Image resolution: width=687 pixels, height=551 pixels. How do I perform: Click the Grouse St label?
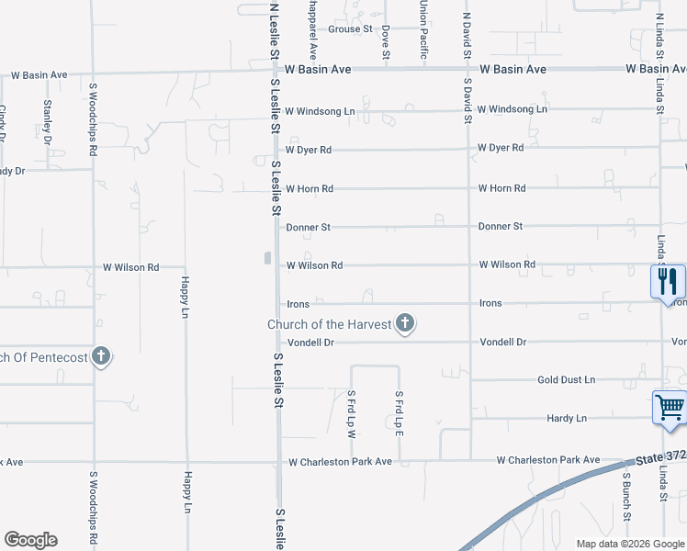pyautogui.click(x=350, y=29)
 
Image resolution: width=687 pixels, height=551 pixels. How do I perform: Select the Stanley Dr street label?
pyautogui.click(x=47, y=115)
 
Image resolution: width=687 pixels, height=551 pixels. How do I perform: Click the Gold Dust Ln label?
pyautogui.click(x=566, y=380)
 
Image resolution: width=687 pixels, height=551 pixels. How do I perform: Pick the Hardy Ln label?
pyautogui.click(x=567, y=419)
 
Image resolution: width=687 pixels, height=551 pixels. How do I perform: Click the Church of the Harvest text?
pyautogui.click(x=330, y=324)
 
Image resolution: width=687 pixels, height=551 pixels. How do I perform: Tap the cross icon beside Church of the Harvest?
pyautogui.click(x=405, y=323)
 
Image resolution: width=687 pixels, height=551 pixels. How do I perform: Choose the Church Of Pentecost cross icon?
pyautogui.click(x=101, y=356)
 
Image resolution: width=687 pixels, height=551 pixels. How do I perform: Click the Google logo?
pyautogui.click(x=30, y=540)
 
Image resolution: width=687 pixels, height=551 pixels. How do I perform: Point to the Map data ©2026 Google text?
pyautogui.click(x=629, y=544)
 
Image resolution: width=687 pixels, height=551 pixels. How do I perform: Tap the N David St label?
pyautogui.click(x=467, y=38)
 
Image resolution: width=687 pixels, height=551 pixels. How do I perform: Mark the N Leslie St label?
pyautogui.click(x=274, y=32)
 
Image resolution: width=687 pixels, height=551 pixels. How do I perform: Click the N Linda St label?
pyautogui.click(x=659, y=38)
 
